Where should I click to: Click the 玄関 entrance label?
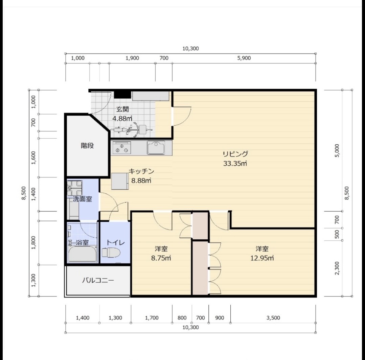click(x=123, y=109)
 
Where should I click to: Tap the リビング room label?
click(x=235, y=154)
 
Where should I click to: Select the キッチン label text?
click(x=141, y=171)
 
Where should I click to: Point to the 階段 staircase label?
click(x=87, y=146)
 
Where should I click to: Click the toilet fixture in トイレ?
click(x=111, y=252)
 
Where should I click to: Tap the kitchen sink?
click(x=156, y=148)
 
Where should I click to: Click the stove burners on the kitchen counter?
click(x=121, y=148)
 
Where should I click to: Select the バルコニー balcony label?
click(x=98, y=281)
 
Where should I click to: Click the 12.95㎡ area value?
click(x=262, y=258)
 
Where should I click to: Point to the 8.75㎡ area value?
click(x=161, y=258)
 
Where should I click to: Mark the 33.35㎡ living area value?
click(x=235, y=163)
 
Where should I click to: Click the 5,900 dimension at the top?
click(x=244, y=58)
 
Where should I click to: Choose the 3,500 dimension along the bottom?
click(x=273, y=318)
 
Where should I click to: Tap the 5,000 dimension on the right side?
click(x=337, y=150)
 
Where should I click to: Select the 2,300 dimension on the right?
click(x=337, y=268)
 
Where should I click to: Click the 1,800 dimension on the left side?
click(x=33, y=243)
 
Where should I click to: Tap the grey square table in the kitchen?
click(x=120, y=181)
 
